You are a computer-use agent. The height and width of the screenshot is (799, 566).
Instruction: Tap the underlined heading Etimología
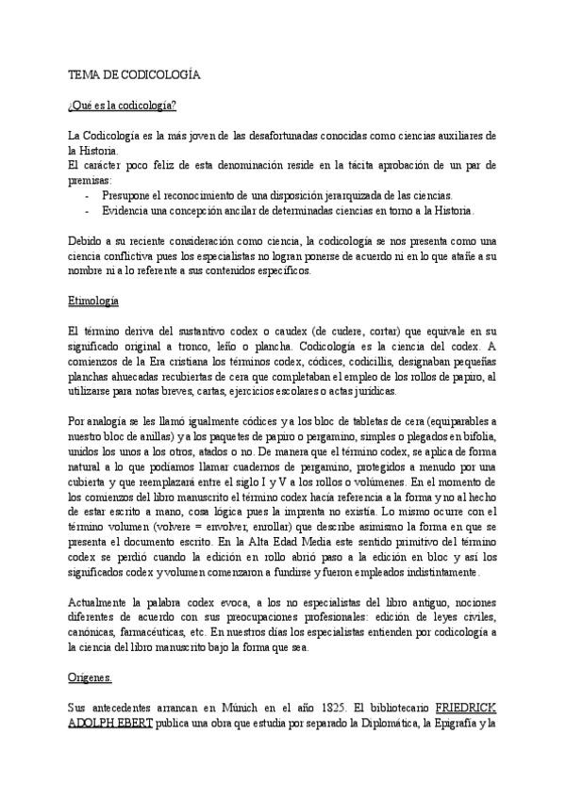coord(93,302)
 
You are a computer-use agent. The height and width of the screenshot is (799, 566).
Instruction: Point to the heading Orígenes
coord(91,678)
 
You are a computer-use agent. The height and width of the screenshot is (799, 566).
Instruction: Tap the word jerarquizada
coord(341,195)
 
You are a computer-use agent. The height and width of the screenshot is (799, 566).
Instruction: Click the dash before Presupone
coord(88,195)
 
